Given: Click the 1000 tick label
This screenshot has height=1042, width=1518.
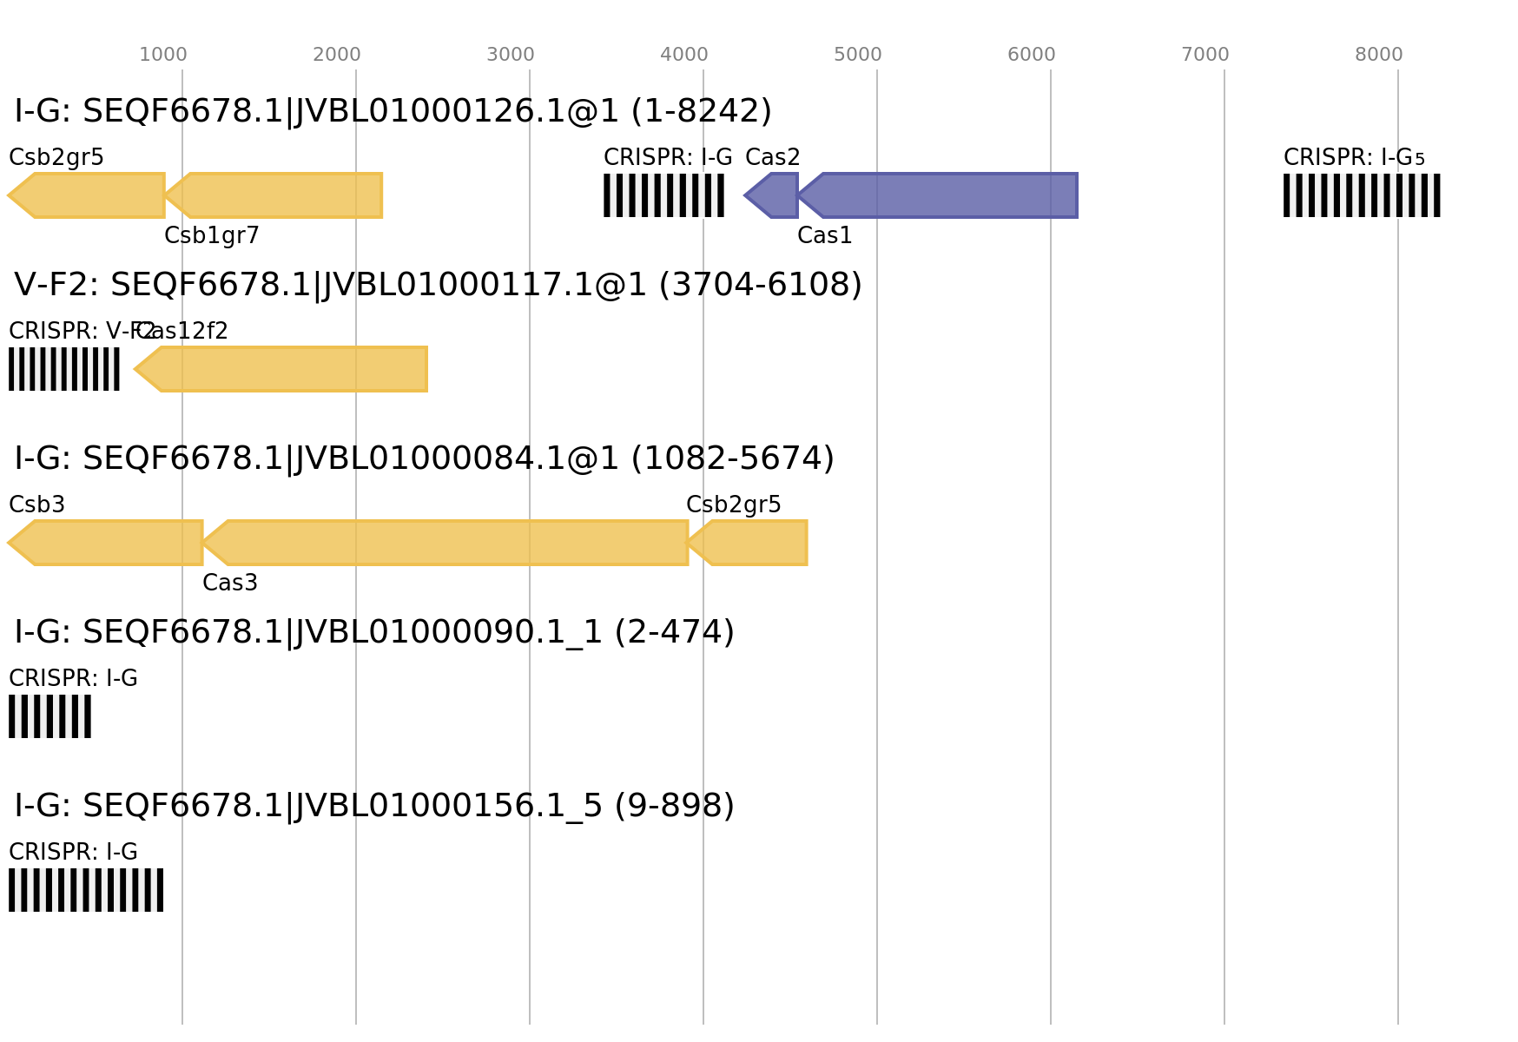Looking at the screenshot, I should coord(163,55).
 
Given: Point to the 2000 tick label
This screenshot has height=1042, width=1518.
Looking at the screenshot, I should coord(337,55).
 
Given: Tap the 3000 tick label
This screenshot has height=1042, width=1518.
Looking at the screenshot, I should coord(511,55).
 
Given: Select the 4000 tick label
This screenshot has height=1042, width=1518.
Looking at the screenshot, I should coord(684,55).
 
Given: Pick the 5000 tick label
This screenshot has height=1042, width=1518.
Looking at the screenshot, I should coord(858,55).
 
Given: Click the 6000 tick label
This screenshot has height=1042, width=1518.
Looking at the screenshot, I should coord(1032,55).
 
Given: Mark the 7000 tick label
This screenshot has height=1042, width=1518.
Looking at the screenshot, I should coord(1205,55).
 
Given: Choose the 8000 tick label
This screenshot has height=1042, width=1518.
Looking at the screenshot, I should coord(1379,55).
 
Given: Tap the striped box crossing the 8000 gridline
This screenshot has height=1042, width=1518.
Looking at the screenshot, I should coord(1362,195).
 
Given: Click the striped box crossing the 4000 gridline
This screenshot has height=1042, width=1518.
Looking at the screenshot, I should coord(663,195).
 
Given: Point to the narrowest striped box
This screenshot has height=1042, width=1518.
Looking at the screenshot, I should coord(49,716).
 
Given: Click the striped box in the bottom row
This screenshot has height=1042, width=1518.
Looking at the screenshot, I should coord(86,890).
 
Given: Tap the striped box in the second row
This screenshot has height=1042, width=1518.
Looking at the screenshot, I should coord(64,369).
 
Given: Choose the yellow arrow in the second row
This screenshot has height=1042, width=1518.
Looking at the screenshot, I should coord(281,369).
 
